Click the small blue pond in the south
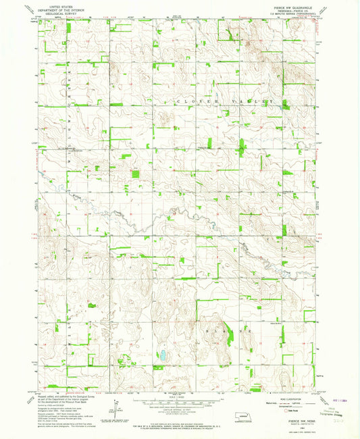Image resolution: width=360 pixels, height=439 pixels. click(x=161, y=355)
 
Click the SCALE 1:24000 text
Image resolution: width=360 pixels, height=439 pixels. click(x=179, y=396)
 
